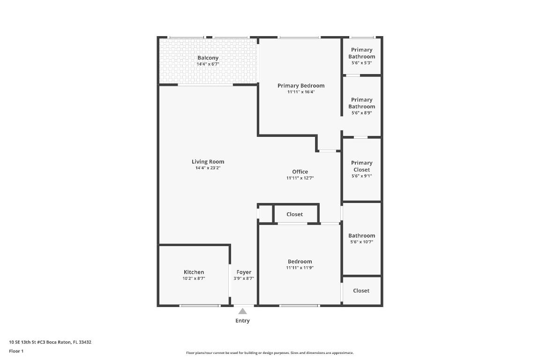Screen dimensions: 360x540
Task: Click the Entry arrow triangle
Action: click(x=242, y=311)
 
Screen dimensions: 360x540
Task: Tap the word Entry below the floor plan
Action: click(x=242, y=321)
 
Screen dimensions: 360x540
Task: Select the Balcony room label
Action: click(x=208, y=58)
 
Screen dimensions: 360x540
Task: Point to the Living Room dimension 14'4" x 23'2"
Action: click(x=208, y=167)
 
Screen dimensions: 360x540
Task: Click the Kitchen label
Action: click(x=194, y=272)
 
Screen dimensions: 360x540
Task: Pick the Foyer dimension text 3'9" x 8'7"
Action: click(x=244, y=278)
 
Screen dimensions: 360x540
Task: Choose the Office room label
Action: click(x=300, y=172)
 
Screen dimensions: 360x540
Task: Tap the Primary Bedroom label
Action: click(x=301, y=85)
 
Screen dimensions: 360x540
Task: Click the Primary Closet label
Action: click(x=361, y=166)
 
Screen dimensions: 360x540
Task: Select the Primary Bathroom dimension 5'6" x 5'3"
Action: click(x=361, y=62)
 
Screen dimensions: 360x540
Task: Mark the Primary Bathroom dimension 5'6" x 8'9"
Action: click(x=361, y=112)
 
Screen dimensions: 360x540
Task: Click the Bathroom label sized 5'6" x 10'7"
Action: click(x=361, y=236)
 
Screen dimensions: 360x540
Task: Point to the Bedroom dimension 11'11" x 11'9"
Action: click(x=300, y=268)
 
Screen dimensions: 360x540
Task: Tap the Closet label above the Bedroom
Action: click(x=294, y=214)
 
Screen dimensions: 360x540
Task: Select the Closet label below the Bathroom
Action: click(x=361, y=291)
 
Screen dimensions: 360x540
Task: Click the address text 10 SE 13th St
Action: click(x=50, y=342)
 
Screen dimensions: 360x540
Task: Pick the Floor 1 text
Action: click(x=16, y=351)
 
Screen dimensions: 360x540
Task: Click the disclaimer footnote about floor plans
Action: click(x=270, y=353)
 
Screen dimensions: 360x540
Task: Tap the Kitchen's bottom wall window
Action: click(x=200, y=306)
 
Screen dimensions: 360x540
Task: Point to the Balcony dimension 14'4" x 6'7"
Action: click(x=208, y=64)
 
